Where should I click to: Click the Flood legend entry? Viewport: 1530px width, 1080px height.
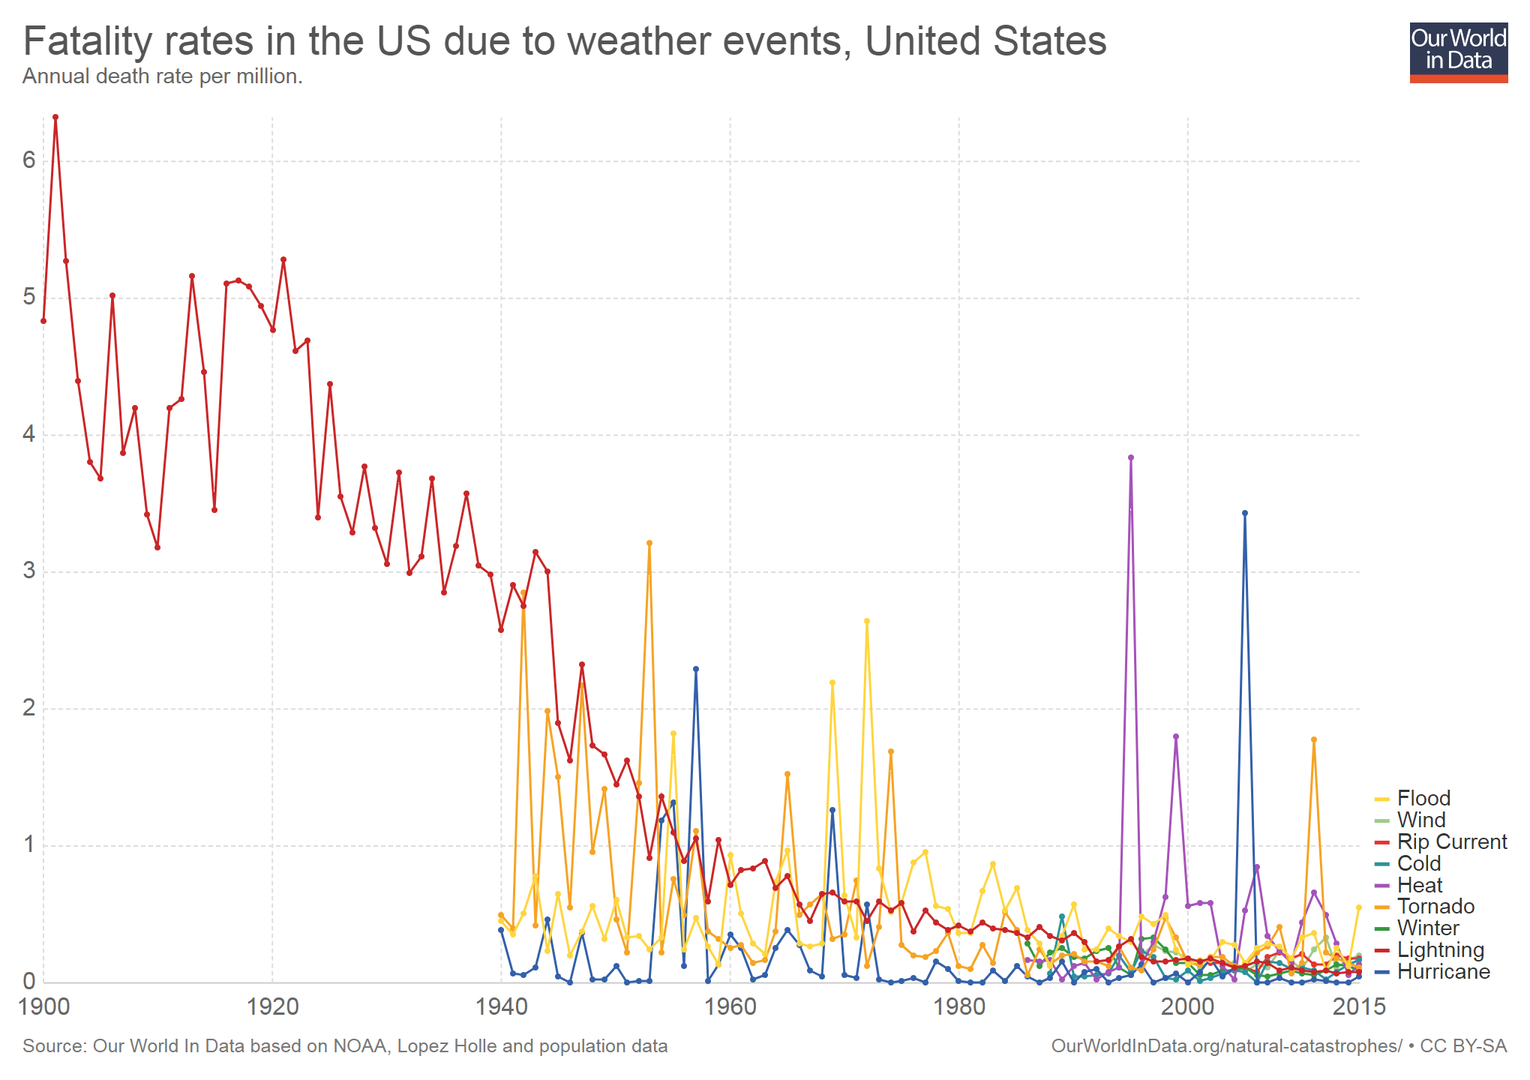(1423, 798)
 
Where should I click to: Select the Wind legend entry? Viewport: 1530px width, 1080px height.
(1420, 820)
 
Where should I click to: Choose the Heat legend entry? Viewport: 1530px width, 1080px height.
(1419, 885)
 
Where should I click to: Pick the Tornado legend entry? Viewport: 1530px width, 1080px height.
(1435, 907)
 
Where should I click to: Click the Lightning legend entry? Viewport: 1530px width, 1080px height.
(1440, 950)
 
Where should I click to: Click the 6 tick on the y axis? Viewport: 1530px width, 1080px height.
(29, 160)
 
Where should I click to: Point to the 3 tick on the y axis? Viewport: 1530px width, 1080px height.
(29, 571)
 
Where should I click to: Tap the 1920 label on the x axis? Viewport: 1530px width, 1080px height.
(272, 1006)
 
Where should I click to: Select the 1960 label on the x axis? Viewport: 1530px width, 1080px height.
(730, 1006)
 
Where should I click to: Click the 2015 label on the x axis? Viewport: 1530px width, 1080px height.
(1359, 1006)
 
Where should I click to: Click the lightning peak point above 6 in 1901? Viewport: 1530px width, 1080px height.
(55, 117)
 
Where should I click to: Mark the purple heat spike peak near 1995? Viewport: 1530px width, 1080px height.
(1131, 457)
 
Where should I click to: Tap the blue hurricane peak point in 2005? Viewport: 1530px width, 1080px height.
(1245, 513)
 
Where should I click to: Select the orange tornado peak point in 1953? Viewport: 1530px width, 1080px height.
(649, 543)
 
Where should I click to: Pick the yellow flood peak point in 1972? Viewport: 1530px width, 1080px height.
(867, 621)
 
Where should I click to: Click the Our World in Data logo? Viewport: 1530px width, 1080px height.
(1458, 52)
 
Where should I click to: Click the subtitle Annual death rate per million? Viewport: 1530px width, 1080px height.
(163, 76)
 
